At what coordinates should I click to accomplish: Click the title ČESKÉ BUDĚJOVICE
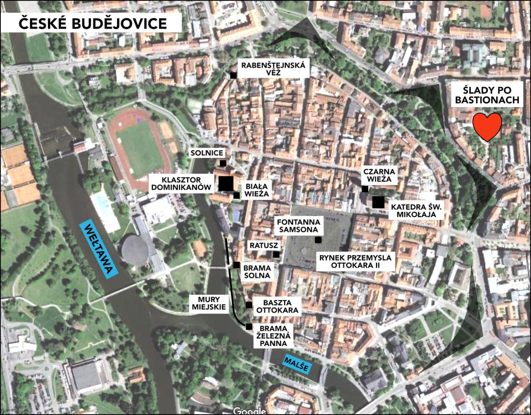92,23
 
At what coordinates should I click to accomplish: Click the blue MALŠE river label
296,364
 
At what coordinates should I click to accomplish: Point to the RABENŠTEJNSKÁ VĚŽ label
273,69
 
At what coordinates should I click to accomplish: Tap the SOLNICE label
207,153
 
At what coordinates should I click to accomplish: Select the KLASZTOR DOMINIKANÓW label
181,183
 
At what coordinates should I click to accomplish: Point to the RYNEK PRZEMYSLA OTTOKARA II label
355,262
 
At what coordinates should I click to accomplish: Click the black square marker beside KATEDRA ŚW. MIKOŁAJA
378,202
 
